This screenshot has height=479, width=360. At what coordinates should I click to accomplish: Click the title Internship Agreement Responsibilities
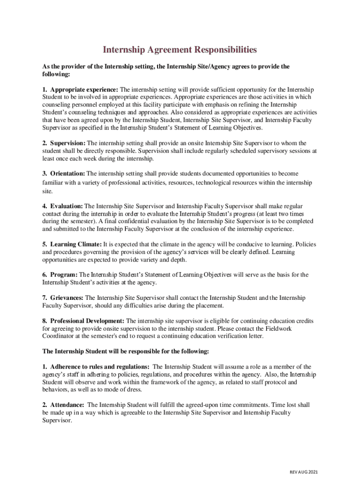(x=180, y=50)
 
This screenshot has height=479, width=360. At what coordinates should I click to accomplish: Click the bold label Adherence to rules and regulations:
(x=100, y=367)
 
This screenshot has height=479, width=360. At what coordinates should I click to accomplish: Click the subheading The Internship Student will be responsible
(x=126, y=351)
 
